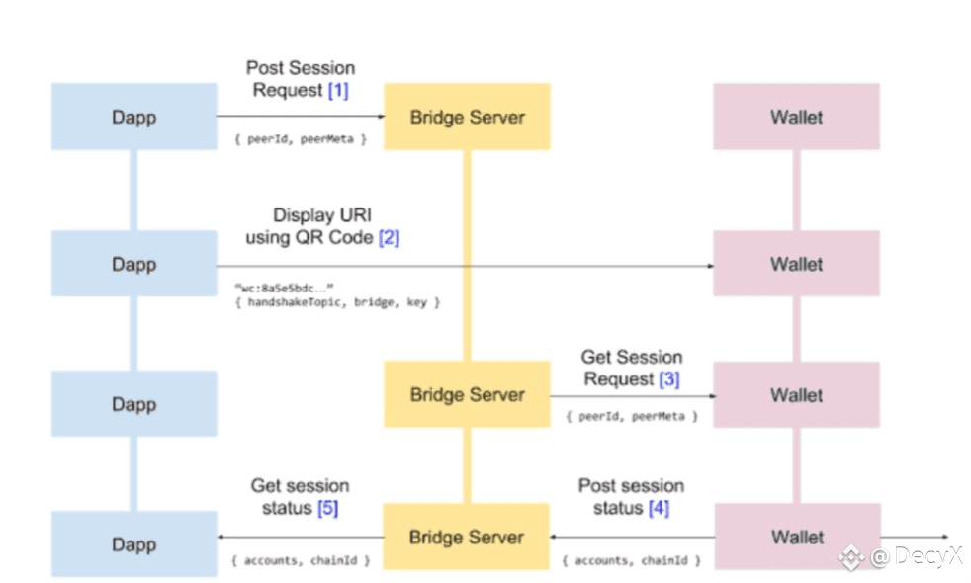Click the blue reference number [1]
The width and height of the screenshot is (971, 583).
click(338, 90)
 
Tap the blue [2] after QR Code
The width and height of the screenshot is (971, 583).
click(389, 238)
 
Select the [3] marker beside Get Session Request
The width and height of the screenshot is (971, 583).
click(668, 379)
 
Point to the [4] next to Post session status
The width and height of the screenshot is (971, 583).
click(659, 508)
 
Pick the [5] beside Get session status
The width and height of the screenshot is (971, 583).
click(327, 508)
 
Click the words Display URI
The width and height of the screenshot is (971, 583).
click(322, 215)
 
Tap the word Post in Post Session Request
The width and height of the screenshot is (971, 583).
click(265, 68)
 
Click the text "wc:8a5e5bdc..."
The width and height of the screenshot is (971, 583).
click(284, 288)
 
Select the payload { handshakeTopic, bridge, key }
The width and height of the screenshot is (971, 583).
click(337, 302)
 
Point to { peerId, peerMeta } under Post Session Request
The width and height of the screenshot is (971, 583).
click(301, 139)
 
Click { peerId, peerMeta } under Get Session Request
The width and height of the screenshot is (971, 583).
click(632, 417)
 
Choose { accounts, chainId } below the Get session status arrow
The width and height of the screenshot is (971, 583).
click(301, 560)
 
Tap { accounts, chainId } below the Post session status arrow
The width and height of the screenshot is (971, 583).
click(631, 560)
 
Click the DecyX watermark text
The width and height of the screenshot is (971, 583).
click(918, 556)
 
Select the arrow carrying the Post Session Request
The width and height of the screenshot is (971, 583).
click(301, 116)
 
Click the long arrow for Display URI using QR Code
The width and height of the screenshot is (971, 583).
click(465, 266)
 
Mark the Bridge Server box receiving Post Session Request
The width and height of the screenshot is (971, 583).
click(467, 117)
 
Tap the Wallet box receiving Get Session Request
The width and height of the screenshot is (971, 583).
click(796, 395)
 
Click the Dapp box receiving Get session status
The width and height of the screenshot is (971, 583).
click(134, 544)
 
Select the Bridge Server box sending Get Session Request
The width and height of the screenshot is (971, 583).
click(467, 394)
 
